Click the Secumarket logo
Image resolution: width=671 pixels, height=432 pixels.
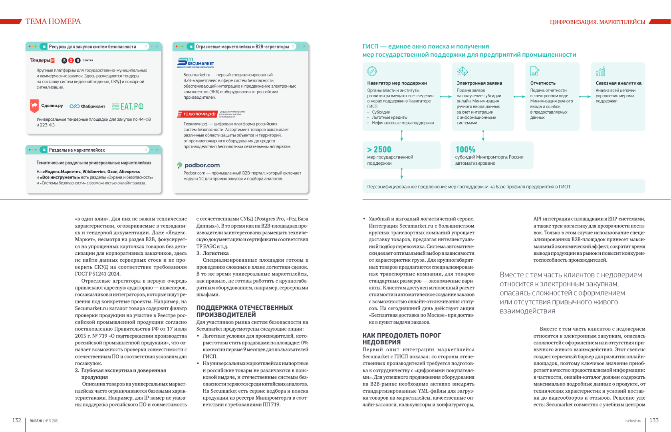196,62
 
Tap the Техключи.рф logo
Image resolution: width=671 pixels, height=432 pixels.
197,114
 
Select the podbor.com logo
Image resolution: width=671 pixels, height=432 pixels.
199,165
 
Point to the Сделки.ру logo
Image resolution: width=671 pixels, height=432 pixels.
47,106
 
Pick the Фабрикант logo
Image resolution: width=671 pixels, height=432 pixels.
87,106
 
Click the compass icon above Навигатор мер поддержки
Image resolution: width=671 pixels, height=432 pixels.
372,71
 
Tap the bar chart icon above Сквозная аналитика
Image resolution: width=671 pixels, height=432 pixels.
600,71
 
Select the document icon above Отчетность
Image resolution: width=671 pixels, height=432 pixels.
534,71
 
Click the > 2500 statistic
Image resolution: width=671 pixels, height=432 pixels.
379,150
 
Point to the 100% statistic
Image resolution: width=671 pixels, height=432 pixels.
465,150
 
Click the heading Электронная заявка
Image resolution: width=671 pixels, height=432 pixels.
479,83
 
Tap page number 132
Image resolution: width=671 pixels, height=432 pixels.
16,420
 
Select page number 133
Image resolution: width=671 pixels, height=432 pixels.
654,420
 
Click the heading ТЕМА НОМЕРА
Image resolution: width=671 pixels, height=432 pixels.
53,22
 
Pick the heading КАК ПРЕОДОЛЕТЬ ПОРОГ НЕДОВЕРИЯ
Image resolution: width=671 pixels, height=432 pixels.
402,339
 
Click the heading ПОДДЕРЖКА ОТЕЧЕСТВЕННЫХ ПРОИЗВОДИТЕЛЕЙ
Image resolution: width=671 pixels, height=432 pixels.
244,311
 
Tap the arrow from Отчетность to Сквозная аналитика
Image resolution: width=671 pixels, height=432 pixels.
585,96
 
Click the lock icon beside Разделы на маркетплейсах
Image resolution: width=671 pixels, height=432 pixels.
44,150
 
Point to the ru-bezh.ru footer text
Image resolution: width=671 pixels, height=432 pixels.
633,421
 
